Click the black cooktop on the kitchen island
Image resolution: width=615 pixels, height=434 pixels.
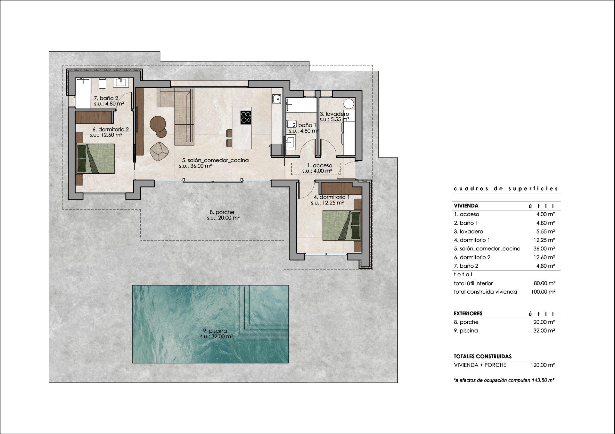point(246,117)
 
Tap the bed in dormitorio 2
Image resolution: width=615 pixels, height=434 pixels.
point(95,159)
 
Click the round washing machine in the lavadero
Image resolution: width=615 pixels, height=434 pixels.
point(349,104)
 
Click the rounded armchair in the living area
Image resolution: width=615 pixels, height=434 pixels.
point(159,151)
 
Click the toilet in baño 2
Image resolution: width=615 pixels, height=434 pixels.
point(102,83)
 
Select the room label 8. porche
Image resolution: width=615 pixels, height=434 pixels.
point(222,212)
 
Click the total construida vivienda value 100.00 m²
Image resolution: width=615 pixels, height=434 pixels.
point(543,292)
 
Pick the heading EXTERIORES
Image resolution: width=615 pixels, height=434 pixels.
point(468,313)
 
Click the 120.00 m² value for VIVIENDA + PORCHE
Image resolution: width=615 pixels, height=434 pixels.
point(543,365)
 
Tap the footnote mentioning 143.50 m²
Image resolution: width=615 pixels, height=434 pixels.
point(504,380)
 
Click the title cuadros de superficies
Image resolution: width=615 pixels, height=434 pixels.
point(506,189)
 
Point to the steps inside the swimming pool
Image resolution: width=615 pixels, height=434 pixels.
point(263,312)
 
